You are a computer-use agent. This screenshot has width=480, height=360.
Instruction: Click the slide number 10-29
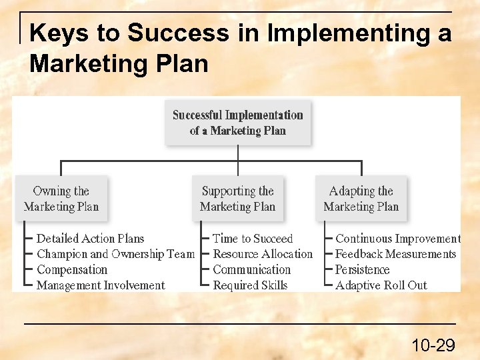(433, 345)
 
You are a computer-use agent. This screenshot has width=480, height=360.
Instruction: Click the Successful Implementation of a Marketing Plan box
(238, 123)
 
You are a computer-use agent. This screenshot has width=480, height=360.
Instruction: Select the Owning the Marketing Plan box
(61, 199)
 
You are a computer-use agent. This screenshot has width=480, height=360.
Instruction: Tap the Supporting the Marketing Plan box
(238, 199)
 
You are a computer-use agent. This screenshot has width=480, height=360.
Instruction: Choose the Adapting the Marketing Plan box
(361, 199)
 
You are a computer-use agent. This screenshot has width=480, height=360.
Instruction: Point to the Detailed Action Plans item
(90, 239)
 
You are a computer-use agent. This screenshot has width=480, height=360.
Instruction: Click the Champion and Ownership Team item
(115, 254)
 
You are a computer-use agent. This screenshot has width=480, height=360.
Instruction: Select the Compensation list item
(72, 270)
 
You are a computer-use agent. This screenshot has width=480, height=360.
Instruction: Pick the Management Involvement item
(101, 285)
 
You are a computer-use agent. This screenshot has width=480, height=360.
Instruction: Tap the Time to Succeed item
(253, 239)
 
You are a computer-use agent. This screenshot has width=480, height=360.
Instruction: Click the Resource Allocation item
(263, 254)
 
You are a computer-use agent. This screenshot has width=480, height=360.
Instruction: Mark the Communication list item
(252, 270)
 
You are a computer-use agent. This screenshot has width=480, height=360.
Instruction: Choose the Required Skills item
(250, 285)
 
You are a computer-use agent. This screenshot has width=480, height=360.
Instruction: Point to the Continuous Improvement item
(397, 239)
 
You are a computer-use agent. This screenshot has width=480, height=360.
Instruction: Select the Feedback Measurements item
(395, 254)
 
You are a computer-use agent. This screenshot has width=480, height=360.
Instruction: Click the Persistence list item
(362, 270)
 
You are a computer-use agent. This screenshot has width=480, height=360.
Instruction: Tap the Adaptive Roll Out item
(381, 285)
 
